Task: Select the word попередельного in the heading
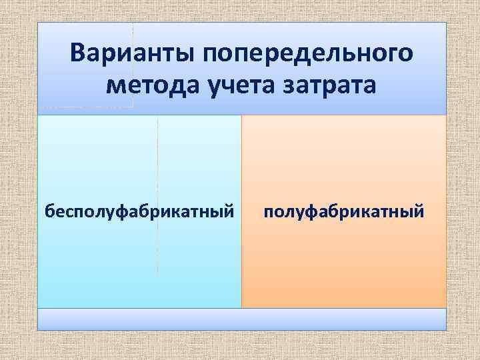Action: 301,53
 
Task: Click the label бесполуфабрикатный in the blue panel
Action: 139,212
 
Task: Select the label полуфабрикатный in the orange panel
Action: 343,212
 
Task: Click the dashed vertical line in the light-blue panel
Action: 157,193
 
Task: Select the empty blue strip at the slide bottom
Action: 241,319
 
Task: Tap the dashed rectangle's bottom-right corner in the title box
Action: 133,107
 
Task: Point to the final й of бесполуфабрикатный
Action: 229,212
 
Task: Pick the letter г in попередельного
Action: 385,53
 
